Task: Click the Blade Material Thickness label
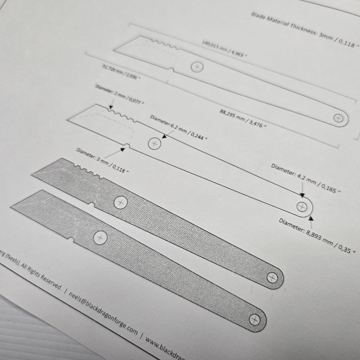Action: point(305,30)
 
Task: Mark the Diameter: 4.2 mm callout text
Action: point(306,179)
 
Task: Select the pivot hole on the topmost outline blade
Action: point(197,67)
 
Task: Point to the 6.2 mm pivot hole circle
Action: point(154,143)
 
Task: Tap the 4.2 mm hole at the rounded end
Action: point(301,207)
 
